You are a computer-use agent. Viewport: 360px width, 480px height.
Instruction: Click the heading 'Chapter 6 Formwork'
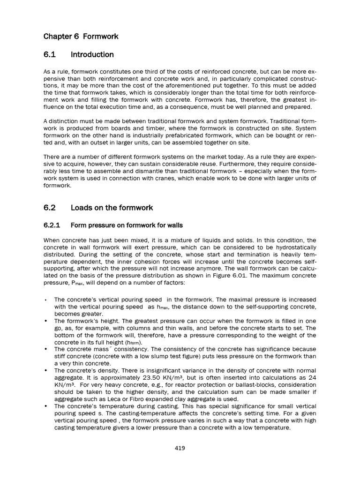point(81,36)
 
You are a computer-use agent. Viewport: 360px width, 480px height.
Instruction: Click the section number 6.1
point(50,55)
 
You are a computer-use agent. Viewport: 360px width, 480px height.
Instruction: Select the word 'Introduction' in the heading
point(92,55)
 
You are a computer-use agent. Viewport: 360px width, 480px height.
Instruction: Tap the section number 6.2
point(50,208)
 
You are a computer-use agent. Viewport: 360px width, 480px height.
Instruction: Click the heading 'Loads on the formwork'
point(112,208)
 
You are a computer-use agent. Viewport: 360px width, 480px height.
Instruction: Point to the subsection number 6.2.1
point(52,225)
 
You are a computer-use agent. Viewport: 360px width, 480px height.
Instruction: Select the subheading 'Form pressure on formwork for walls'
point(127,225)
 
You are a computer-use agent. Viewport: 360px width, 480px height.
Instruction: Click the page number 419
point(180,448)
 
